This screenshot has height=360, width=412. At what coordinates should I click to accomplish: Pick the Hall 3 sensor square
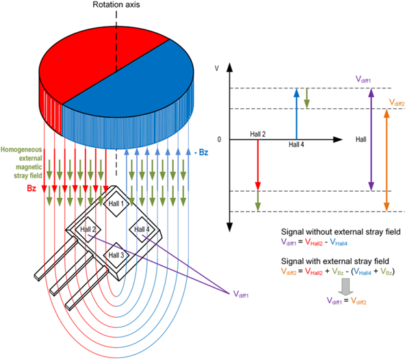[x=116, y=255]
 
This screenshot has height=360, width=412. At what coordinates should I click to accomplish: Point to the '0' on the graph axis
[x=218, y=140]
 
